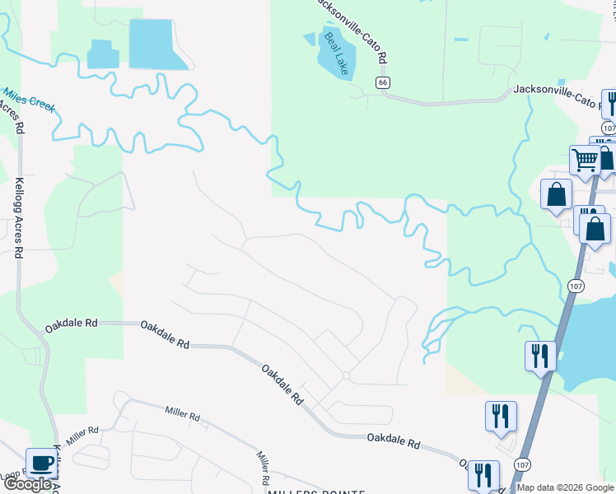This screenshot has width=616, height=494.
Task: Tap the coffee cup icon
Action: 41,464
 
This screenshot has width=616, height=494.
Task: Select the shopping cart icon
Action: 585,159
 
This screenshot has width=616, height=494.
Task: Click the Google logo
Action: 27,484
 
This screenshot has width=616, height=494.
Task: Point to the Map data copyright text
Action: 565,487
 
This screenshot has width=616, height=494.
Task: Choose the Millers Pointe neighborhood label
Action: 315,491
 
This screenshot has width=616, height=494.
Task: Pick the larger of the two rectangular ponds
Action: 150,43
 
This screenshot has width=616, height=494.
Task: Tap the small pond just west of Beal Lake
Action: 310,39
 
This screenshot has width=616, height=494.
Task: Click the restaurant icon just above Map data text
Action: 483,475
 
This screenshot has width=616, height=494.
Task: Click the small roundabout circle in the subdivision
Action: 347,375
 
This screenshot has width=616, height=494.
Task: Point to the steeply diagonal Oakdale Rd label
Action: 282,384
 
